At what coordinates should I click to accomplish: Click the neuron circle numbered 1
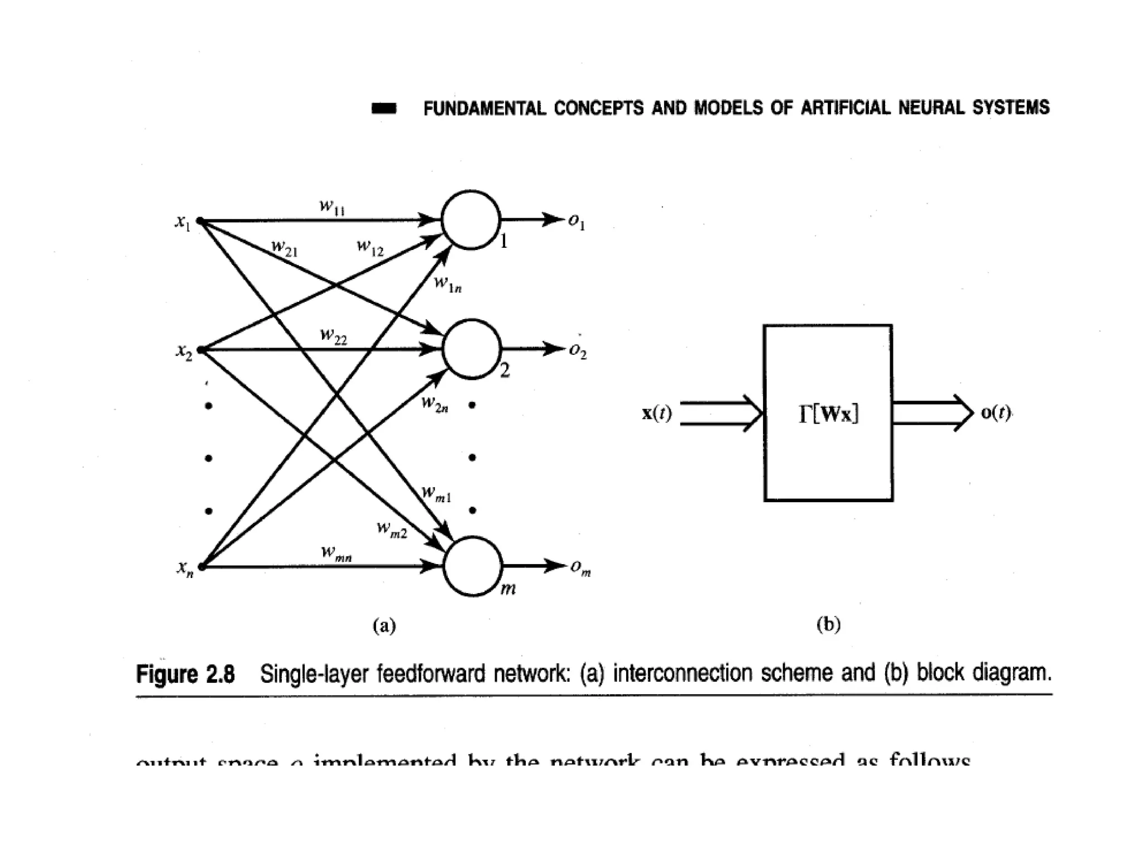470,220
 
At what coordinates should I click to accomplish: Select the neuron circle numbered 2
472,349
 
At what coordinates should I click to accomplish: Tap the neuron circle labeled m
473,566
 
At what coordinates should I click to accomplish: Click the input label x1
182,222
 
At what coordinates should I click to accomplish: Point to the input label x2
184,352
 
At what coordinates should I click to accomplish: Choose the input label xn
185,569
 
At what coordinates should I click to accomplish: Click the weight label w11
332,207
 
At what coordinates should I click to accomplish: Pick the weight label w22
333,336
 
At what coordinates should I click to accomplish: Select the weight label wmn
336,553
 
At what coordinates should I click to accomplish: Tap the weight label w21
285,248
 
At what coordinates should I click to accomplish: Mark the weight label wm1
436,494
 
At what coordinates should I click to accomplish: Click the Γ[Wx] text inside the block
828,414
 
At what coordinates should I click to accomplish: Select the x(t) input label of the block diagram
657,413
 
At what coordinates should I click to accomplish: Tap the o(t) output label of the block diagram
996,413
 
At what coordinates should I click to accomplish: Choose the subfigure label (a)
384,625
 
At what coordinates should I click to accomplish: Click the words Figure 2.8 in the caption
185,674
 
